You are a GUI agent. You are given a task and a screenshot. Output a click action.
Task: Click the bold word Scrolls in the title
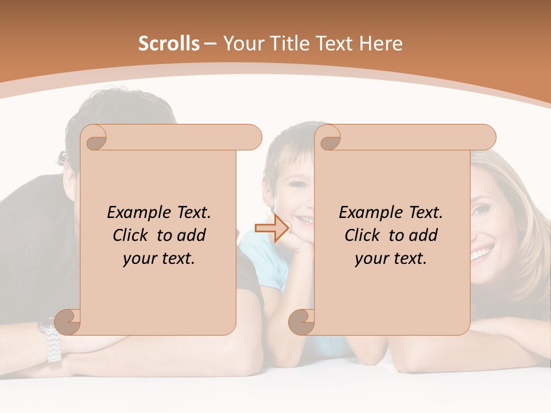pos(169,44)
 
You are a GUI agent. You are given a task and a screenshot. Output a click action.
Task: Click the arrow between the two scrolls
pos(271,228)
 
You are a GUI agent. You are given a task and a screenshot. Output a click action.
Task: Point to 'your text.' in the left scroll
pos(159,259)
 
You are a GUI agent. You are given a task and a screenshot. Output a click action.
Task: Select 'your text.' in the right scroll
pos(391,259)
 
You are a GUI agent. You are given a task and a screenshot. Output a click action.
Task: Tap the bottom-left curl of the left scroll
pos(68,322)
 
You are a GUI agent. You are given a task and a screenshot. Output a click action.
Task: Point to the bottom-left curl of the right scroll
pos(301,322)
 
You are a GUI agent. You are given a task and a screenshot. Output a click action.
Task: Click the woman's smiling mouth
pos(482,251)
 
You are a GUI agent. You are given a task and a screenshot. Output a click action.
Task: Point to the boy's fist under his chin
pos(292,243)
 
